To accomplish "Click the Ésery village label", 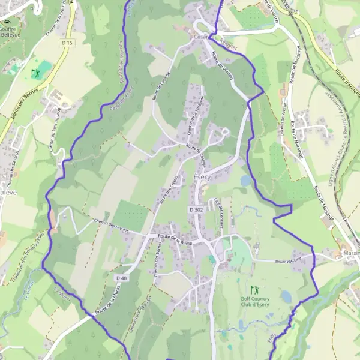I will click(202, 178).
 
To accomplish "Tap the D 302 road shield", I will click(196, 209).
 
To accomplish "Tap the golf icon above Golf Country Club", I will click(254, 289).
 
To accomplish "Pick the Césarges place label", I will click(203, 36).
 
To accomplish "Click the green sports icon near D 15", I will click(35, 73).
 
